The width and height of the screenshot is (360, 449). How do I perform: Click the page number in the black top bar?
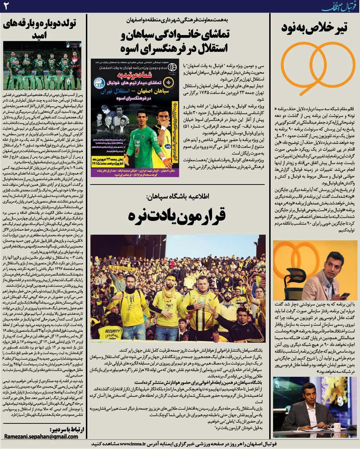click(6, 6)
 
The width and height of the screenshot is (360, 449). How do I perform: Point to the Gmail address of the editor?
click(41, 436)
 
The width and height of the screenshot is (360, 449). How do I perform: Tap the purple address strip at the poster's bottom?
click(135, 172)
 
